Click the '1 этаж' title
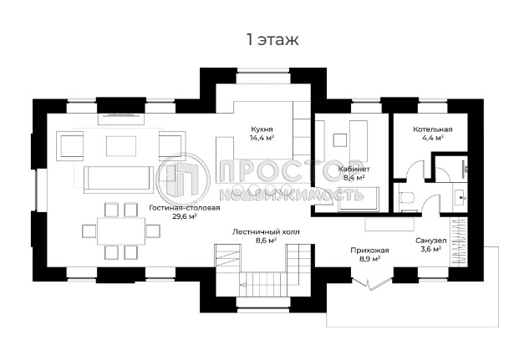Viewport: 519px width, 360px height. tap(272, 39)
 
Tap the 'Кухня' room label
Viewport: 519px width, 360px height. tap(262, 129)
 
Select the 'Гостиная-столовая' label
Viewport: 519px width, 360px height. tap(185, 208)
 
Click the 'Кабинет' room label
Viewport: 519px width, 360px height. tap(354, 169)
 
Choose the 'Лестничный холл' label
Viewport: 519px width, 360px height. tap(266, 232)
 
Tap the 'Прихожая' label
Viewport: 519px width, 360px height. tap(369, 251)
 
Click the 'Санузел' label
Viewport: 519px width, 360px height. tap(431, 241)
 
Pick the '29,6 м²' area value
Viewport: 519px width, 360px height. tap(185, 216)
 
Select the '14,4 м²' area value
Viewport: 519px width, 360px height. tap(262, 138)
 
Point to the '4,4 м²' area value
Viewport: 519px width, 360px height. tap(433, 138)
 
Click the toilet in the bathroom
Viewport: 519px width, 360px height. tap(406, 197)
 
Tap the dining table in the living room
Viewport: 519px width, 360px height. tap(121, 231)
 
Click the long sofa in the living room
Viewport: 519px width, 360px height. tap(119, 180)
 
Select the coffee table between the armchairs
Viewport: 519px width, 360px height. tap(121, 146)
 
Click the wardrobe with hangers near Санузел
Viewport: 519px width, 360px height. tap(459, 241)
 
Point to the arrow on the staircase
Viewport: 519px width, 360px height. tap(243, 284)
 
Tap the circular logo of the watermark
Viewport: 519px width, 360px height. tap(183, 180)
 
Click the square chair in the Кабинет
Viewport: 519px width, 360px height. tap(339, 140)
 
